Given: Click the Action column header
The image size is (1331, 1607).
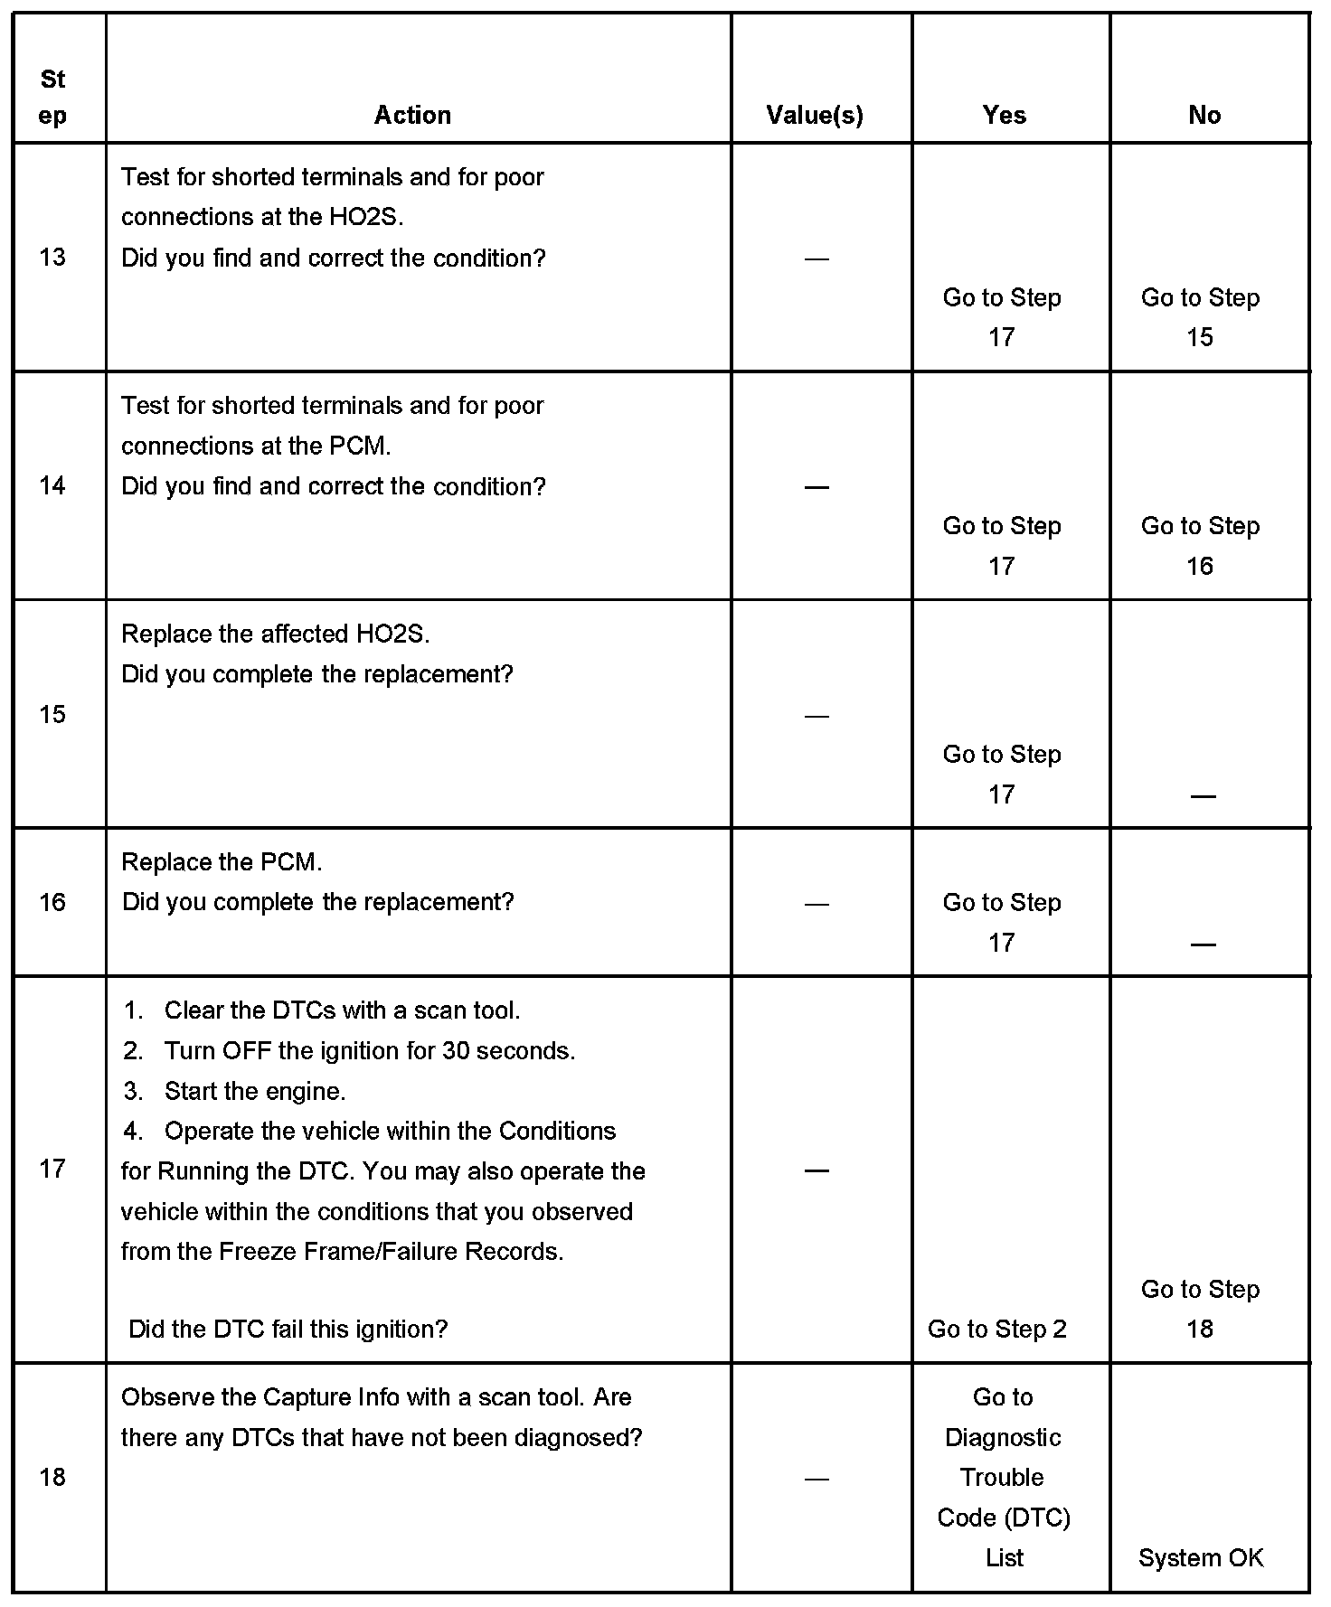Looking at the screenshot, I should click(x=412, y=115).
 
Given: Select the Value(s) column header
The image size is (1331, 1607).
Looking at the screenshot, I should click(x=815, y=115).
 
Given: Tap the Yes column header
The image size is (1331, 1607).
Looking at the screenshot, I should click(x=1005, y=115).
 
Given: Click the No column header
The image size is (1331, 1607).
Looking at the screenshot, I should click(x=1204, y=115).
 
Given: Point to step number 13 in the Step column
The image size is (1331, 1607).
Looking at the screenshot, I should click(x=52, y=258).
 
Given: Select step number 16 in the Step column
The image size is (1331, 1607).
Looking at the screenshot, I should click(x=52, y=902).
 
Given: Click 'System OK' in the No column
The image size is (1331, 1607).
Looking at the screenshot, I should click(x=1201, y=1557).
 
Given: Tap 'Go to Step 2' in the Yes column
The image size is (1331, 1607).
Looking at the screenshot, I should click(x=997, y=1329).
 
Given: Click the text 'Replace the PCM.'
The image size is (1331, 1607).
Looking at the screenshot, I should click(x=222, y=862).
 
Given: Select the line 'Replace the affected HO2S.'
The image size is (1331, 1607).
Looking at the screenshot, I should click(x=276, y=634).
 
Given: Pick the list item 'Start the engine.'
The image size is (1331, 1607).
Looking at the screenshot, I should click(x=255, y=1091).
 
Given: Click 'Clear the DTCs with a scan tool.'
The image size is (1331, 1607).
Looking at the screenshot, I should click(x=342, y=1010).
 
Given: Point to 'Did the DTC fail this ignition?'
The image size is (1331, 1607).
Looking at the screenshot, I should click(x=288, y=1329).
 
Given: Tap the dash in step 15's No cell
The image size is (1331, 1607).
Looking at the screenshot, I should click(x=1203, y=796).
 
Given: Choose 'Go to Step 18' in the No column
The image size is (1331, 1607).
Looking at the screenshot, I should click(x=1200, y=1309).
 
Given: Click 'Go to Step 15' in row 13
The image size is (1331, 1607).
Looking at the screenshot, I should click(x=1200, y=317).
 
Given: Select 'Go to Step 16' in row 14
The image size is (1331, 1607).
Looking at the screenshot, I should click(x=1200, y=546).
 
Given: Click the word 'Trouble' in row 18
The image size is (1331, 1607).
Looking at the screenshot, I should click(x=1002, y=1477).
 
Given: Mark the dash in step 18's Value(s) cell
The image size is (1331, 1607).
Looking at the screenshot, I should click(x=816, y=1480).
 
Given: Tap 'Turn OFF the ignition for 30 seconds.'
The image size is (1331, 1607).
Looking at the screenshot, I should click(x=369, y=1051).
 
